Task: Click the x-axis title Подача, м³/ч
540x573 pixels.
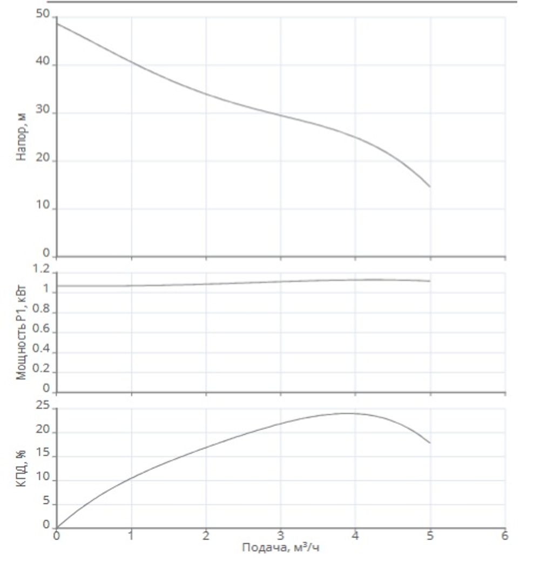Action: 281,548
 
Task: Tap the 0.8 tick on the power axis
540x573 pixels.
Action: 41,310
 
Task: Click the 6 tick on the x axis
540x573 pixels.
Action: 505,536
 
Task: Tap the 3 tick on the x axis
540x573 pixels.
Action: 281,536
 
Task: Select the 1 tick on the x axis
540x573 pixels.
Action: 131,536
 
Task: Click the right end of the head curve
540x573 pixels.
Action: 430,186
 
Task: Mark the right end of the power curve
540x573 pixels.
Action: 430,281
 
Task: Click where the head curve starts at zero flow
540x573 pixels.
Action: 57,23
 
